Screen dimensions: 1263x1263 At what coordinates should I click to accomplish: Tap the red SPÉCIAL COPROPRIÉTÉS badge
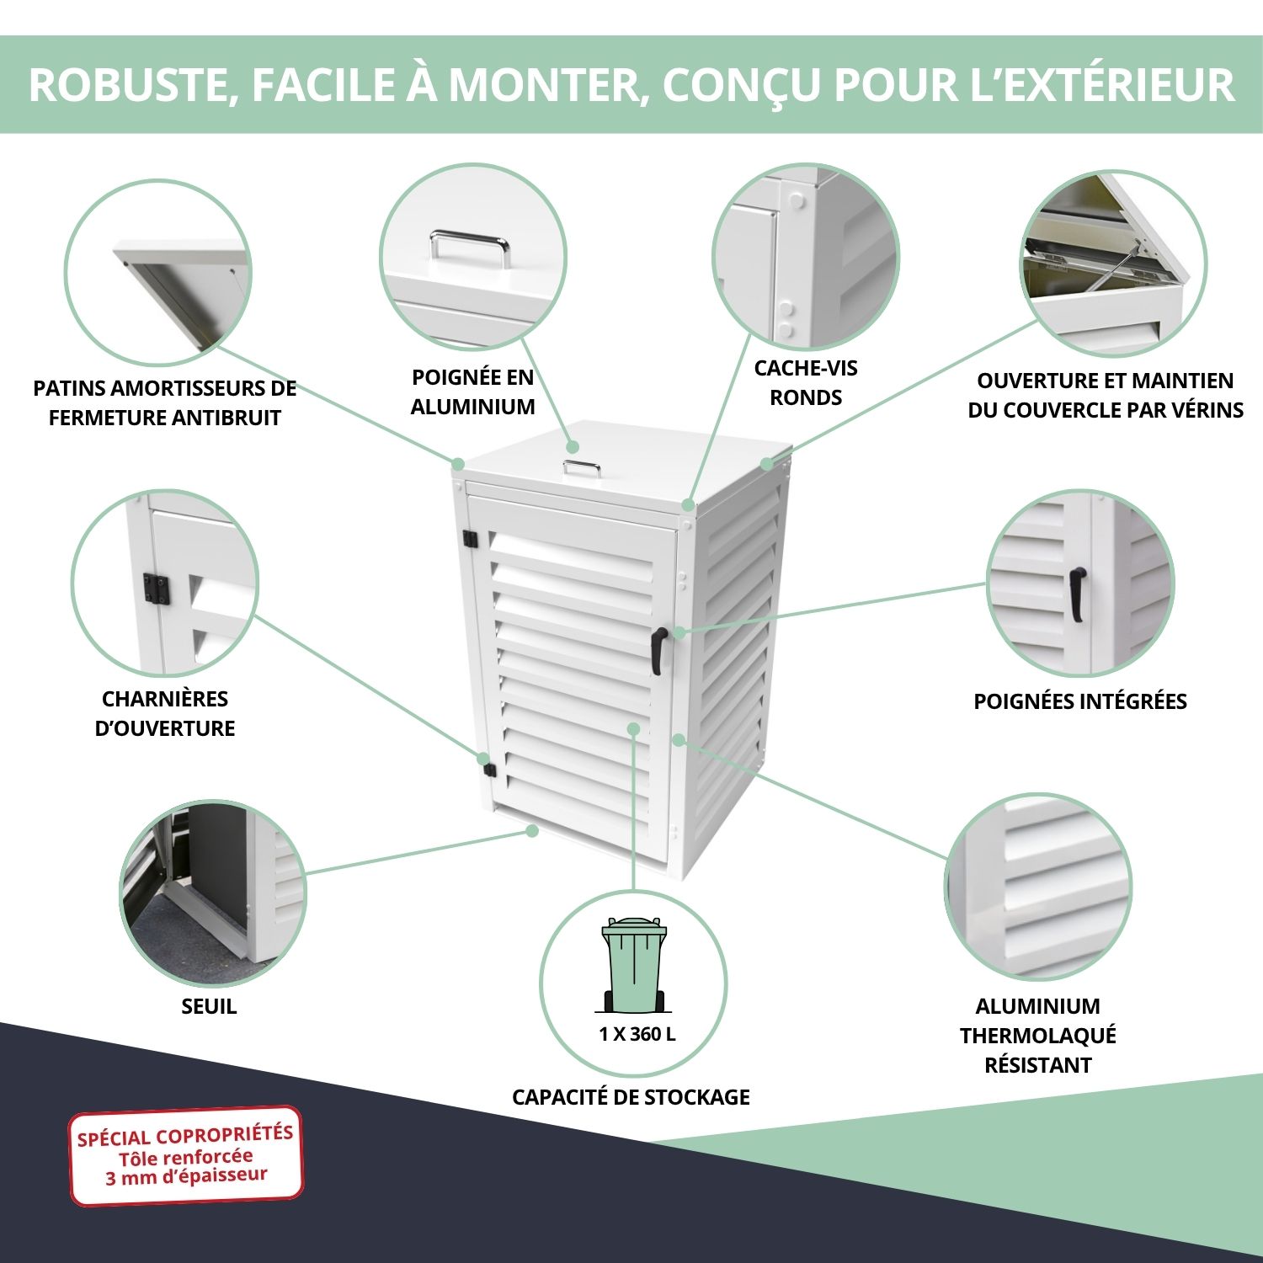185,1155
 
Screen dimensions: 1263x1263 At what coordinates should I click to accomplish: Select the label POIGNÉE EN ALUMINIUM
472,392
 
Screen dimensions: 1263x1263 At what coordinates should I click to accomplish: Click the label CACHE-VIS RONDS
806,382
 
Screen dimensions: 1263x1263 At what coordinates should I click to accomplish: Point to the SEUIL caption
209,1006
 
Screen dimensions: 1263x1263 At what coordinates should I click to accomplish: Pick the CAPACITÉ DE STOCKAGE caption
631,1097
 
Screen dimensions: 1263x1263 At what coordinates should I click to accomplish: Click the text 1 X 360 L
637,1035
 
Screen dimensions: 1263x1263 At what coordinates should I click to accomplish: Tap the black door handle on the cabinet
658,649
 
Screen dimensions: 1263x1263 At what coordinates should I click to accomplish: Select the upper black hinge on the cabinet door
470,538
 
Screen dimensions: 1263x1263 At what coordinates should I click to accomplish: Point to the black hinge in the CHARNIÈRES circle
156,589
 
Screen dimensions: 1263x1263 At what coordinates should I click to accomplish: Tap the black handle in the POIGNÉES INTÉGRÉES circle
1077,594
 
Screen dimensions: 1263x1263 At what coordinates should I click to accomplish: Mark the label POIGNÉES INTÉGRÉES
1079,701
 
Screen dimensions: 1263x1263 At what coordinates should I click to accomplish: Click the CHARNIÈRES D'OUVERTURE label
165,713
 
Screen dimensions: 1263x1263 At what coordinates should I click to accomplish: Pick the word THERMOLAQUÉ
1037,1036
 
